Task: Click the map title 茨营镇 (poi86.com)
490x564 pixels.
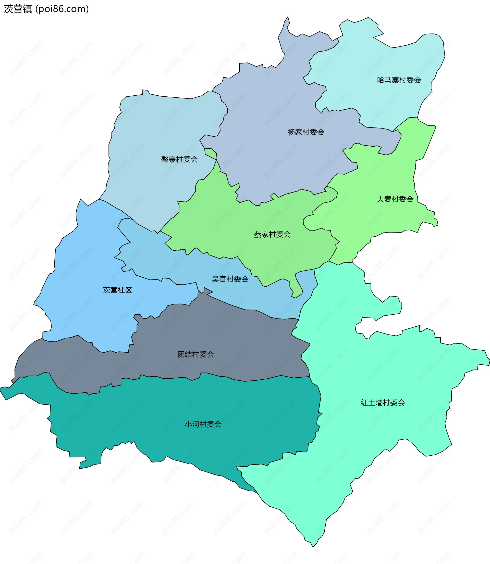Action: [x=46, y=9]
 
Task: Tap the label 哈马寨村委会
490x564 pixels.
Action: [x=399, y=80]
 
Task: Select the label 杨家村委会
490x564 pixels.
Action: [x=306, y=132]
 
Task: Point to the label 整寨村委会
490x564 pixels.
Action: [x=179, y=159]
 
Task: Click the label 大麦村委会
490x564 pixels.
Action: [x=395, y=199]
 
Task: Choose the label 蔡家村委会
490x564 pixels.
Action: [x=272, y=234]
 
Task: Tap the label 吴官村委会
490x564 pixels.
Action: [x=230, y=279]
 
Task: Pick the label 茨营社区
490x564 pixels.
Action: [x=117, y=290]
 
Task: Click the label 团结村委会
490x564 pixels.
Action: [x=196, y=354]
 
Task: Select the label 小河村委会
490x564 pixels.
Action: [x=203, y=425]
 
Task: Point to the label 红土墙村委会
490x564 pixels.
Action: [x=383, y=403]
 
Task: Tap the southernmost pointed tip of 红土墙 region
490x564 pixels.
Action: [x=313, y=547]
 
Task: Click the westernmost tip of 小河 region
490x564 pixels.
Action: [x=1, y=388]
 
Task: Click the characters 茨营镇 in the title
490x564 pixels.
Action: [x=18, y=9]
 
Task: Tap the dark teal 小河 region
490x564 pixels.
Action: [x=164, y=410]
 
